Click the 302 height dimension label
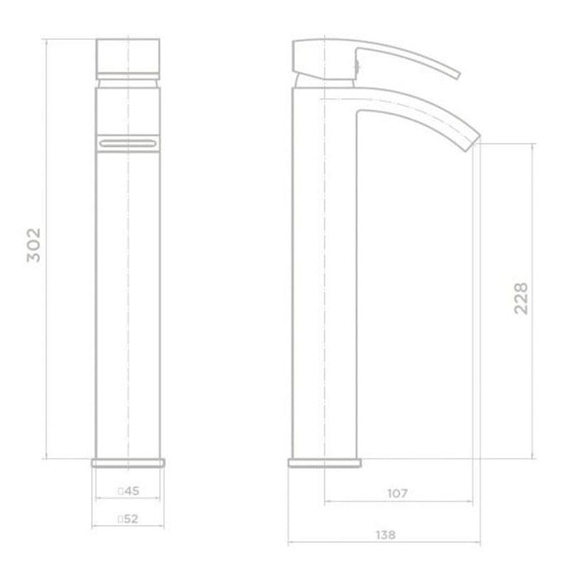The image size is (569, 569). point(34,245)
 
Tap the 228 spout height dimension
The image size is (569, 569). point(521,298)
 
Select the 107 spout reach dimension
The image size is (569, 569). point(397,493)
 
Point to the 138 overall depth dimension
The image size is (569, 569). point(385,535)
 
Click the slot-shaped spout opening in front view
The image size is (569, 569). point(128,144)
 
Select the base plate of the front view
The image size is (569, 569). point(128,463)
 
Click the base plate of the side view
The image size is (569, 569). point(325,463)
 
